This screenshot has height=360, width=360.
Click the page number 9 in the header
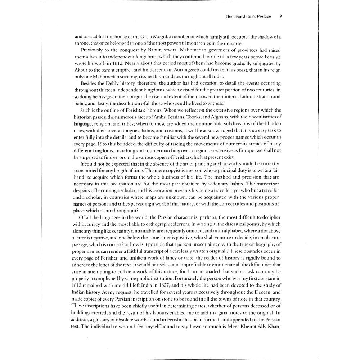(x=280, y=16)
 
